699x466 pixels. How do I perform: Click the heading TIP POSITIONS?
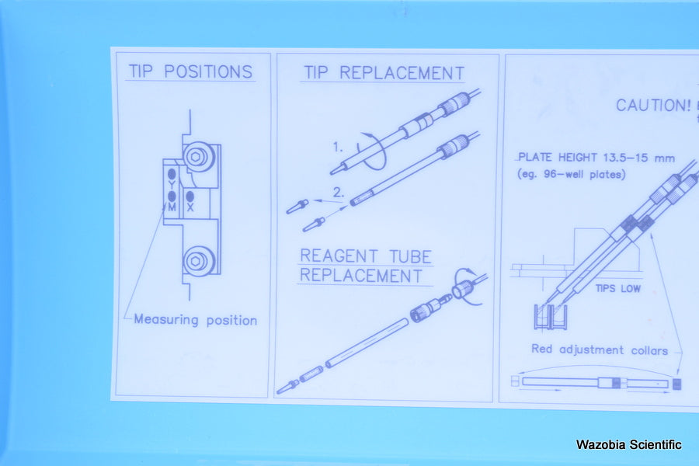[191, 71]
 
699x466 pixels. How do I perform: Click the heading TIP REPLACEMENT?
[384, 73]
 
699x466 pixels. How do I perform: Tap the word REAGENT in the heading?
[339, 256]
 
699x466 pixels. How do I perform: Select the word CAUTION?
[653, 106]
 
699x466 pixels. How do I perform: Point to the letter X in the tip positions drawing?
[190, 207]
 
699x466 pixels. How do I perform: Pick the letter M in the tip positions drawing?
[172, 207]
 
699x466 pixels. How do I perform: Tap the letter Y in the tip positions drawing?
[172, 184]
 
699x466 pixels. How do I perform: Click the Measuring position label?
[195, 320]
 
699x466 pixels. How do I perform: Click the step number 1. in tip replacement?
[338, 147]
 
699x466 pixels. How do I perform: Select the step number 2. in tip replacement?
[339, 192]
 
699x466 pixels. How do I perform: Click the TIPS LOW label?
[618, 288]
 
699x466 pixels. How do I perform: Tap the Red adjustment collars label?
[600, 349]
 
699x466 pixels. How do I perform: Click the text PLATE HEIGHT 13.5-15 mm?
[596, 158]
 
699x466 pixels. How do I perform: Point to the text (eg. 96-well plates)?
[571, 174]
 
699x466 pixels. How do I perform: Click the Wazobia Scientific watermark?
[628, 444]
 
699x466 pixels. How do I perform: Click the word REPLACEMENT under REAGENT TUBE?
[360, 276]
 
